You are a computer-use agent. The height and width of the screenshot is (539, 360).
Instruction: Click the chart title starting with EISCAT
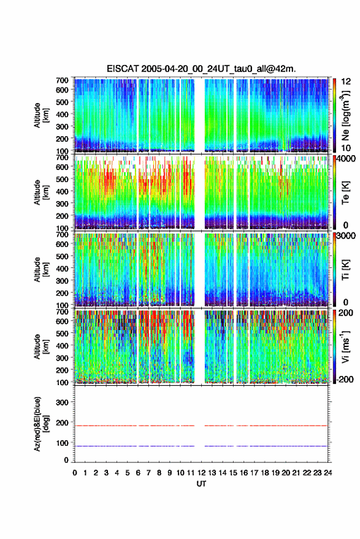(201, 69)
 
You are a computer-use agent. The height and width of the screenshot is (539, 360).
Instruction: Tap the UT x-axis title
(201, 484)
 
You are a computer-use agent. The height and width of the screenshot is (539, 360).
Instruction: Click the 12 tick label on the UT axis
(201, 473)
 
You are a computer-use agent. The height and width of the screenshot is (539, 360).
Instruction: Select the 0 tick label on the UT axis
(75, 473)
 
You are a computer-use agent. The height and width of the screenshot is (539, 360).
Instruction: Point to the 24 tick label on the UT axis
(327, 473)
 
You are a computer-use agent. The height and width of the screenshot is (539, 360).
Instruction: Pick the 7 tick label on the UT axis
(148, 473)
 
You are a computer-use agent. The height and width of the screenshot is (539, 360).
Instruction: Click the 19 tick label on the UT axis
(275, 473)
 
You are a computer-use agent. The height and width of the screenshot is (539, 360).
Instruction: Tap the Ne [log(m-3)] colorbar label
(345, 115)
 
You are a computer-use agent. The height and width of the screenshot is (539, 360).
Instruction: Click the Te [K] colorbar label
(345, 193)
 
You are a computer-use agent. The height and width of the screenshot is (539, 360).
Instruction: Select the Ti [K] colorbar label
(345, 270)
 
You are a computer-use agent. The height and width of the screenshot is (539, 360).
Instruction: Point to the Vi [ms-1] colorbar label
(345, 347)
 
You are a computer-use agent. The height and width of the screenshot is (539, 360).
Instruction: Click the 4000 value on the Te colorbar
(347, 159)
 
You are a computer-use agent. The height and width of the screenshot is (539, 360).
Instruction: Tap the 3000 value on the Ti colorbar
(347, 236)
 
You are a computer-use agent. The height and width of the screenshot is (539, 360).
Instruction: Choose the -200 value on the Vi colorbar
(345, 380)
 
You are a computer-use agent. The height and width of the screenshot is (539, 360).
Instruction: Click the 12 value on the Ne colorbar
(347, 82)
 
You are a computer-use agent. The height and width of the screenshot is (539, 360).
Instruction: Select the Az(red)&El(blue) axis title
(41, 424)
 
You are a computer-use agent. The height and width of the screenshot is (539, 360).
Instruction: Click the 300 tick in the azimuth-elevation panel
(62, 402)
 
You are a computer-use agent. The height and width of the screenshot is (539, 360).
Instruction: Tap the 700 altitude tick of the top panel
(62, 80)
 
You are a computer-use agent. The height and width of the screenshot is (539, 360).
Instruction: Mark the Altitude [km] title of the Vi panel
(41, 347)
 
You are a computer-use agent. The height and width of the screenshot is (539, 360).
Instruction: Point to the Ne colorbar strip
(334, 115)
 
